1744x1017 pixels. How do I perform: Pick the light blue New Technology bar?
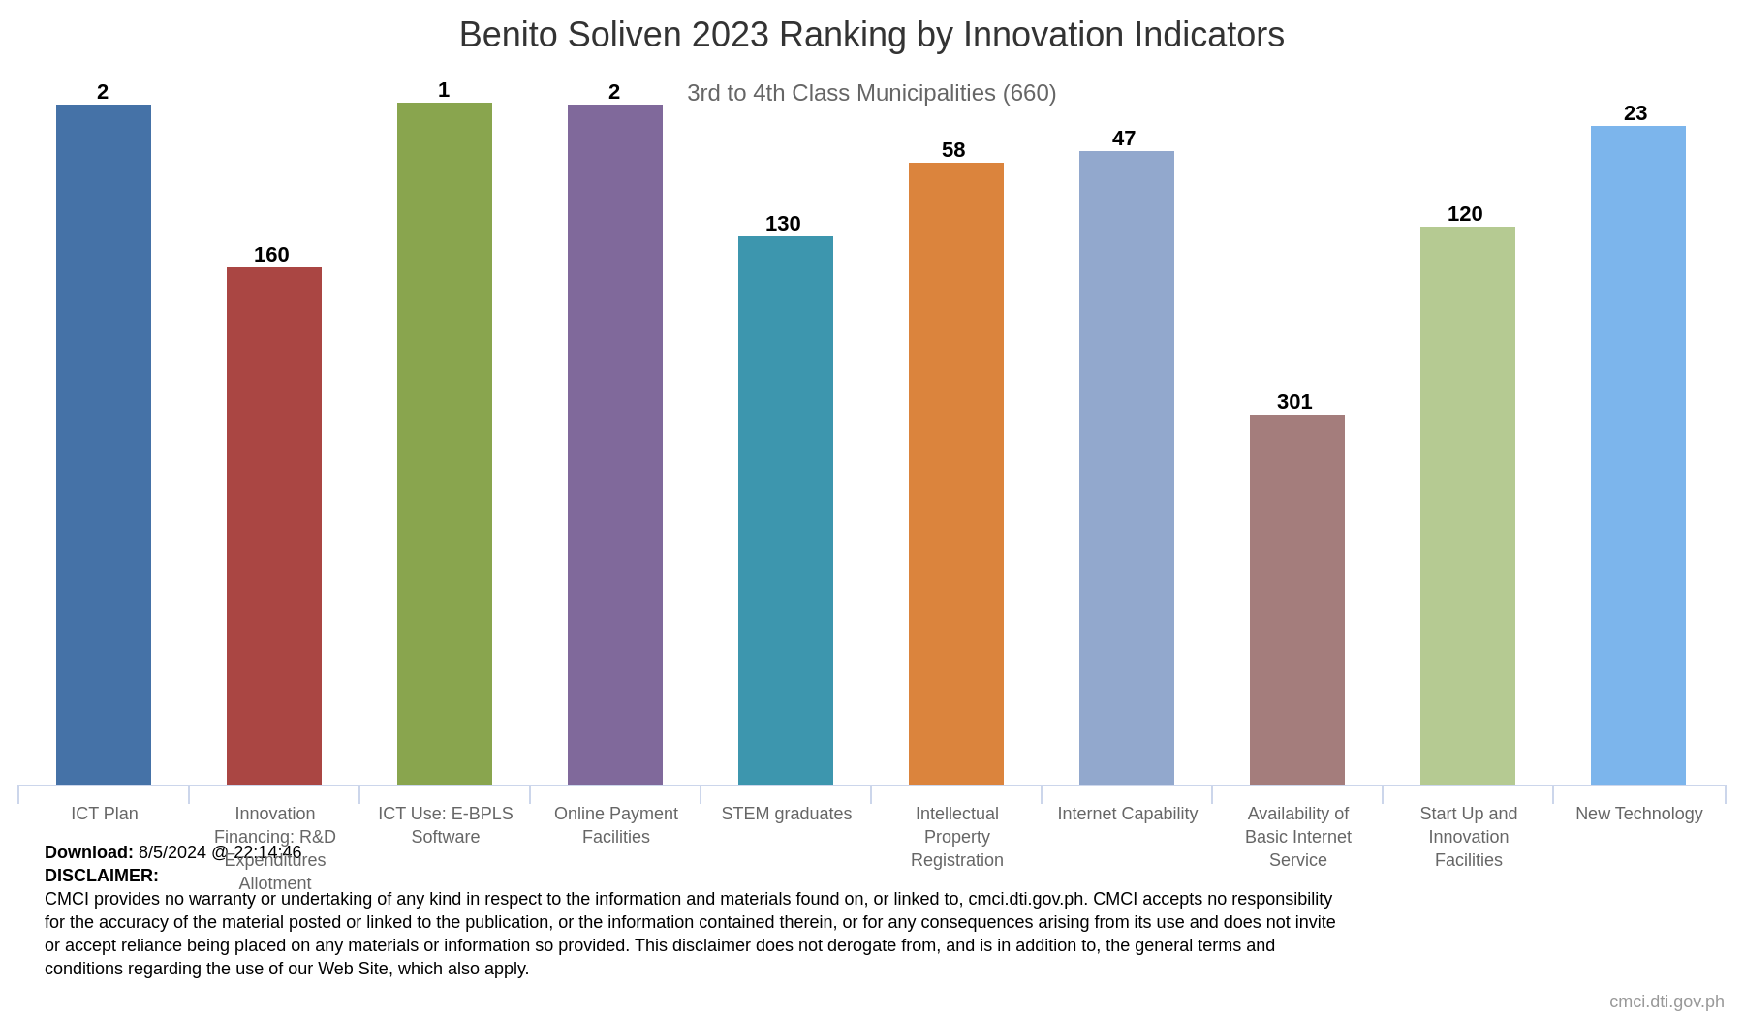tap(1638, 454)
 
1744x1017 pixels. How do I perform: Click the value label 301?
tap(1294, 402)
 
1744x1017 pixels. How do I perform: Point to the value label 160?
tap(271, 255)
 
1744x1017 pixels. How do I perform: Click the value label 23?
tap(1635, 113)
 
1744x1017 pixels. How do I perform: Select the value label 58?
tap(953, 150)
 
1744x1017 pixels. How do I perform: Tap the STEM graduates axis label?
tap(787, 814)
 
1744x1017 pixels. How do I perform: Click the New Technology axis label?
tap(1639, 814)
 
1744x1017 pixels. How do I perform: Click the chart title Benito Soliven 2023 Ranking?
tap(871, 35)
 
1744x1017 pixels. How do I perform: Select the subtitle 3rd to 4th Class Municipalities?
tap(871, 93)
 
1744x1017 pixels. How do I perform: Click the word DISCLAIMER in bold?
tap(102, 876)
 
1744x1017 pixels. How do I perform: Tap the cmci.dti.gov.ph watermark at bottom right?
tap(1666, 1002)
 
